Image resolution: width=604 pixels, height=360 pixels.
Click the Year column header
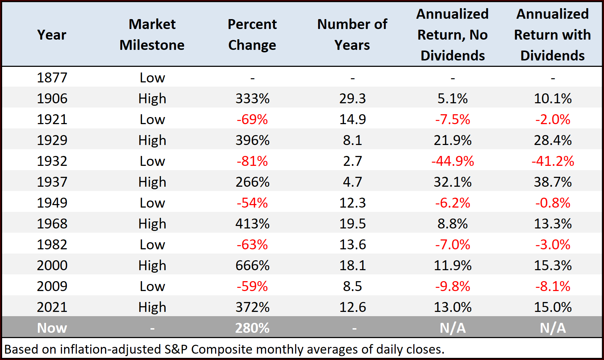pyautogui.click(x=52, y=35)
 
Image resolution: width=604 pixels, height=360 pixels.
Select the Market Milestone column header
pyautogui.click(x=152, y=35)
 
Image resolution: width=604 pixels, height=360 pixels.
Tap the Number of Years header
pyautogui.click(x=352, y=35)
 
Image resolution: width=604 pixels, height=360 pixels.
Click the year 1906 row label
pyautogui.click(x=52, y=98)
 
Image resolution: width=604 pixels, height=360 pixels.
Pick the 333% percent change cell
pyautogui.click(x=252, y=98)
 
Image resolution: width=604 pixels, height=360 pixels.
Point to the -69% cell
pyautogui.click(x=252, y=119)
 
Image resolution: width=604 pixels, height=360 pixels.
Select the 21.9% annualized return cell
pyautogui.click(x=453, y=140)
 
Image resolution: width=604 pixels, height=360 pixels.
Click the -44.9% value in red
pyautogui.click(x=453, y=161)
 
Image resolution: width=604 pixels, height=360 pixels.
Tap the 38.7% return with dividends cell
pyautogui.click(x=553, y=182)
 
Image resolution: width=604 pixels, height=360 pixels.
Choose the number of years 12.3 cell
pyautogui.click(x=352, y=203)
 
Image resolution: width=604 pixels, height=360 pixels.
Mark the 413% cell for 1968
pyautogui.click(x=252, y=223)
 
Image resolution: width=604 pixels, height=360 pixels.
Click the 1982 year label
pyautogui.click(x=52, y=244)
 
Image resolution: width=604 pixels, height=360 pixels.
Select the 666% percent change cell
pyautogui.click(x=252, y=265)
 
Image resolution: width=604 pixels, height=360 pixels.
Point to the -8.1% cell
pyautogui.click(x=553, y=286)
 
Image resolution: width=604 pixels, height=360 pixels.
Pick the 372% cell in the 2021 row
pyautogui.click(x=252, y=307)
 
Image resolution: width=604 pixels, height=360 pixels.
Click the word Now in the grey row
pyautogui.click(x=52, y=328)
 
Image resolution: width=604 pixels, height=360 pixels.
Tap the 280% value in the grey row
pyautogui.click(x=252, y=328)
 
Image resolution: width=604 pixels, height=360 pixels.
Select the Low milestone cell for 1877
pyautogui.click(x=152, y=77)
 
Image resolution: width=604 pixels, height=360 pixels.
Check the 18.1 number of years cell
pyautogui.click(x=352, y=265)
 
